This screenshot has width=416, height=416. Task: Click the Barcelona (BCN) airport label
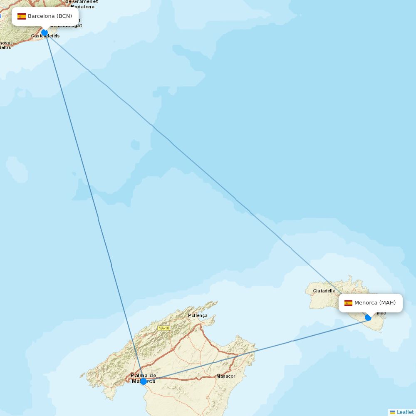50,16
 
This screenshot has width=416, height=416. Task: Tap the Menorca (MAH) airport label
375,303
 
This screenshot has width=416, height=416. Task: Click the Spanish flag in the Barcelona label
22,17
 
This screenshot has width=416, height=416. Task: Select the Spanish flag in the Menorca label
348,303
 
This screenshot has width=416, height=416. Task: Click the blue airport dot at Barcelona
45,32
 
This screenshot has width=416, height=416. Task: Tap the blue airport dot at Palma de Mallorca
144,381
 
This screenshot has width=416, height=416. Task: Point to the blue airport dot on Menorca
368,317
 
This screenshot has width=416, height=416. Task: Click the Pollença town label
198,315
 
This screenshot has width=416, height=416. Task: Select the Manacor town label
225,376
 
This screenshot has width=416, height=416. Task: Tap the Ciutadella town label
324,291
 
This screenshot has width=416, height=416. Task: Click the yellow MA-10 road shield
163,328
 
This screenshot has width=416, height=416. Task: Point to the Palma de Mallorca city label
144,376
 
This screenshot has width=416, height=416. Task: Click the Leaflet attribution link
405,412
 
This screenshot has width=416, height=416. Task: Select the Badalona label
82,7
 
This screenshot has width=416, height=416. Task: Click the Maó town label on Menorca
381,313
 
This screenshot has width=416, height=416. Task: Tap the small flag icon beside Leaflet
393,412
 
